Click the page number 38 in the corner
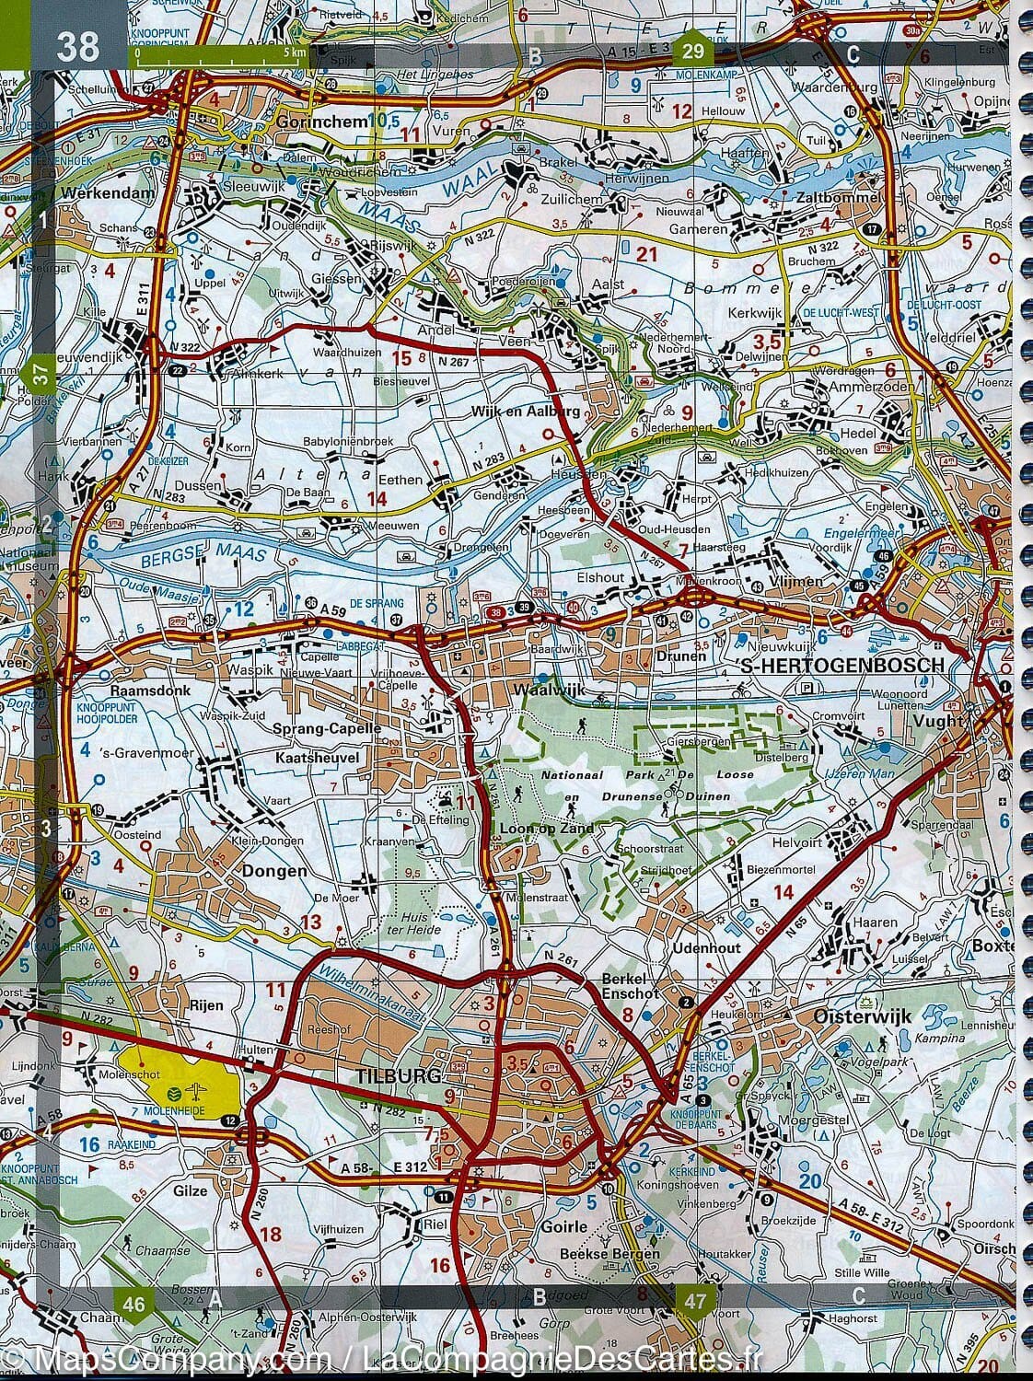(76, 45)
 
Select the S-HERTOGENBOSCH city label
(841, 665)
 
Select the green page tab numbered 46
(133, 1302)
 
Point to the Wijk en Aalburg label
(539, 412)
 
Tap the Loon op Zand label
(537, 827)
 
